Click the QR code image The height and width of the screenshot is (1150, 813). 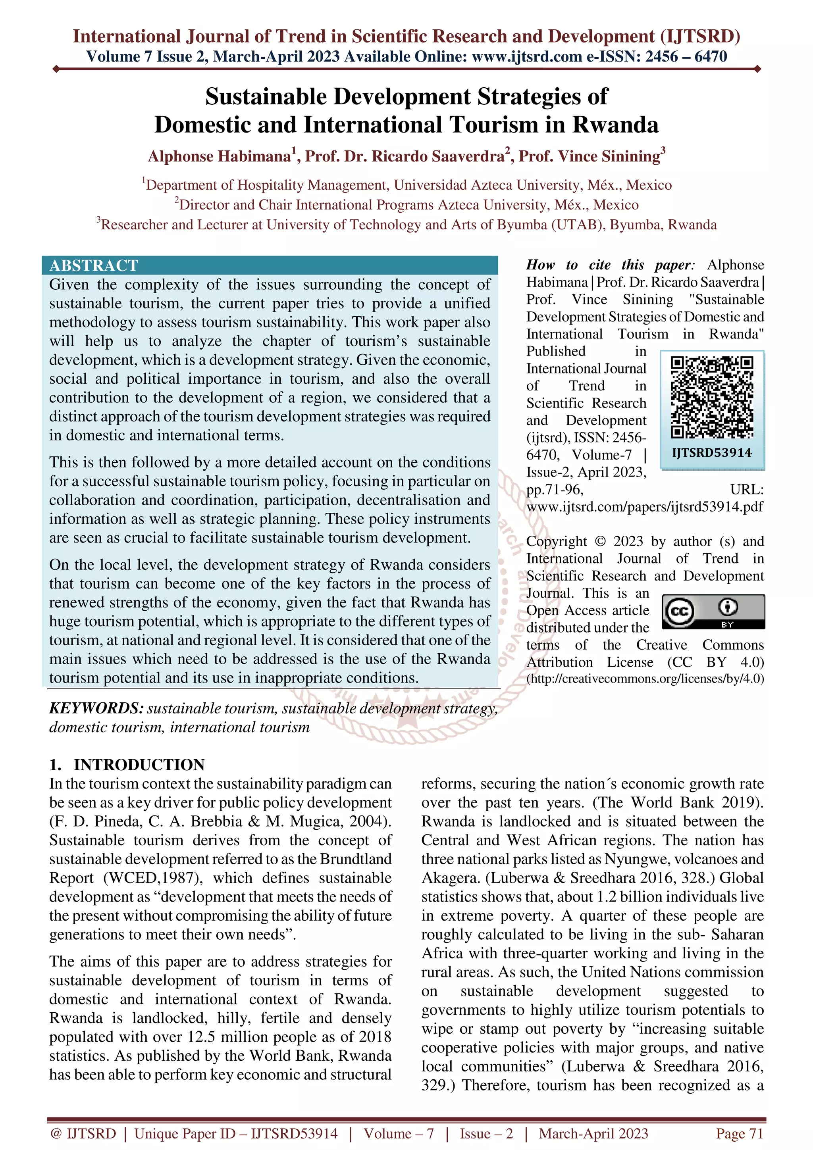(x=712, y=397)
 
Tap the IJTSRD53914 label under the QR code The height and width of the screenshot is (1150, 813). (x=712, y=453)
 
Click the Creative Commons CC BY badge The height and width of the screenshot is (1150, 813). (x=713, y=612)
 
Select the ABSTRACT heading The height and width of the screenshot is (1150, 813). (x=94, y=265)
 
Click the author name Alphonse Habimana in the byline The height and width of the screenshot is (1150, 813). (x=219, y=157)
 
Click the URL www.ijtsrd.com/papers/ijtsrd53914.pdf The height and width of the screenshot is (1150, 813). (x=645, y=506)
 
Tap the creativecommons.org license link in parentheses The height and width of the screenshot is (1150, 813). (x=645, y=679)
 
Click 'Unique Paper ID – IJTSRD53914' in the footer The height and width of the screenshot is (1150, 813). (x=236, y=1133)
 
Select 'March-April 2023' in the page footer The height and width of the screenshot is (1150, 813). (x=593, y=1133)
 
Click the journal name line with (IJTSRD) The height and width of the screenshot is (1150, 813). (x=406, y=37)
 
